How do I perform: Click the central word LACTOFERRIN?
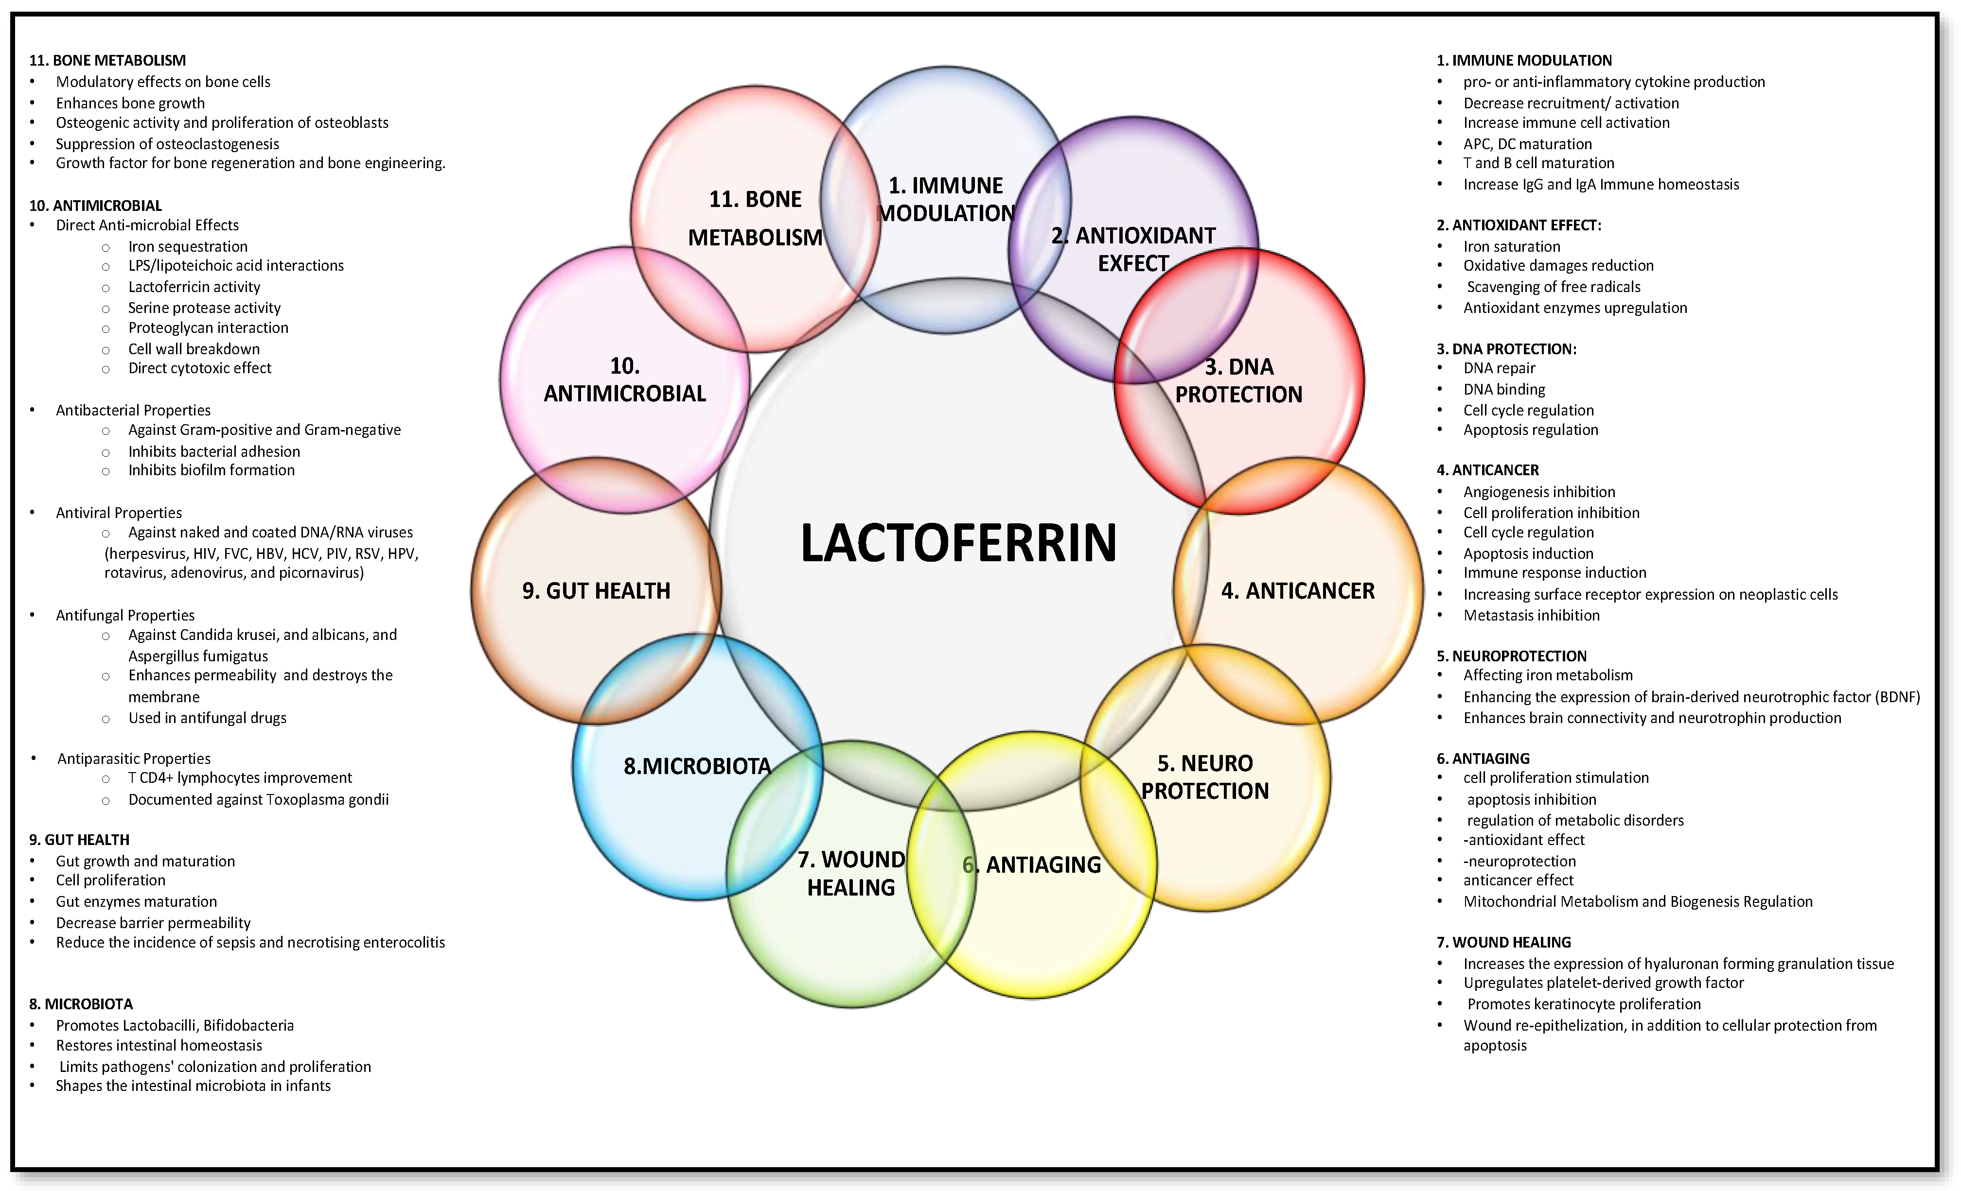pos(958,543)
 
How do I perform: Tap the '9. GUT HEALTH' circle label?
pos(596,590)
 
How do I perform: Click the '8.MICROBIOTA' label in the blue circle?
pos(697,766)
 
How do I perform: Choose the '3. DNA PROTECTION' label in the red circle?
pos(1238,380)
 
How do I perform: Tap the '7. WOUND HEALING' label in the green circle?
pos(851,873)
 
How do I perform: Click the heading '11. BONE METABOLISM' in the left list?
pos(107,60)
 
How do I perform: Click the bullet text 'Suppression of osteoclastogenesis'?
pos(167,144)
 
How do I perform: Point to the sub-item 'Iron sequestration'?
pos(188,247)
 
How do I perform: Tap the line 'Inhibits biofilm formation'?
pos(212,470)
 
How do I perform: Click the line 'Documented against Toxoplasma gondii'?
pos(259,799)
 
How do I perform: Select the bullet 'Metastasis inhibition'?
pos(1531,615)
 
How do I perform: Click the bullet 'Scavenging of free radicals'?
pos(1554,286)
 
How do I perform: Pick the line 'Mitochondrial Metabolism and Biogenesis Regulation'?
pos(1638,901)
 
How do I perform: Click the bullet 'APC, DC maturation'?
pos(1527,144)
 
